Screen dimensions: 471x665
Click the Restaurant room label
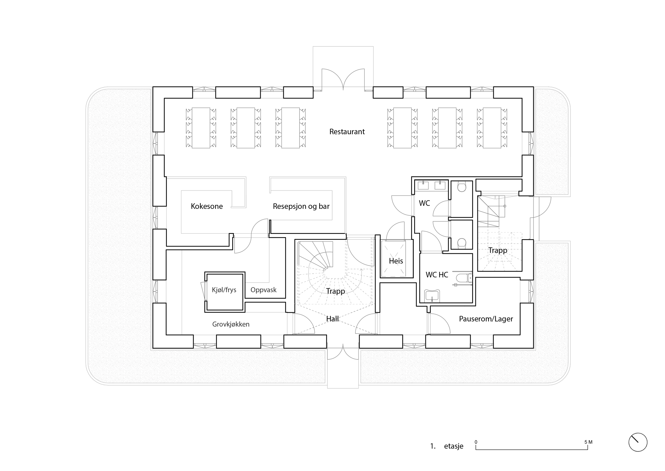tap(347, 132)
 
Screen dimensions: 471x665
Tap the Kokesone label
tap(206, 206)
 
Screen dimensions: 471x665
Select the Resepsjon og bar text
tap(301, 206)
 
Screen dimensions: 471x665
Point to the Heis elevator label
tap(396, 261)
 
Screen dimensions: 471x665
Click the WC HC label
tap(437, 275)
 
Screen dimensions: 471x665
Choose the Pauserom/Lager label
tap(486, 319)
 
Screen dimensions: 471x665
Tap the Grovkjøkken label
tap(231, 324)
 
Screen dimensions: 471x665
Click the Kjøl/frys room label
tap(224, 290)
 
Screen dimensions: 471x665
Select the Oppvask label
tap(263, 290)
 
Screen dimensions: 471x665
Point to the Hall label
tap(332, 319)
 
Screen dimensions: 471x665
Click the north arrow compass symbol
tap(638, 442)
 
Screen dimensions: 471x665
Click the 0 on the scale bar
tap(476, 442)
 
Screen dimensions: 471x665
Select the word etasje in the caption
tap(453, 446)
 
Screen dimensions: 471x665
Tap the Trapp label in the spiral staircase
tap(335, 291)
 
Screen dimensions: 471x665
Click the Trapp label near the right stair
tap(498, 250)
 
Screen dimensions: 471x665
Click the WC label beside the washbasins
tap(424, 203)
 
